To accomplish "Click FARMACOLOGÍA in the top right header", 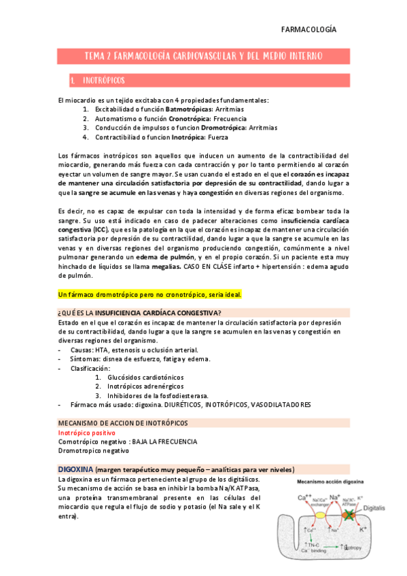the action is (x=308, y=30).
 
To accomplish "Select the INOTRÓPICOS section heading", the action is (x=103, y=81).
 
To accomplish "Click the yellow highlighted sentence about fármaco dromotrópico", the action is (x=150, y=295).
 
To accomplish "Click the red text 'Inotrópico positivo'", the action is (x=87, y=433).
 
